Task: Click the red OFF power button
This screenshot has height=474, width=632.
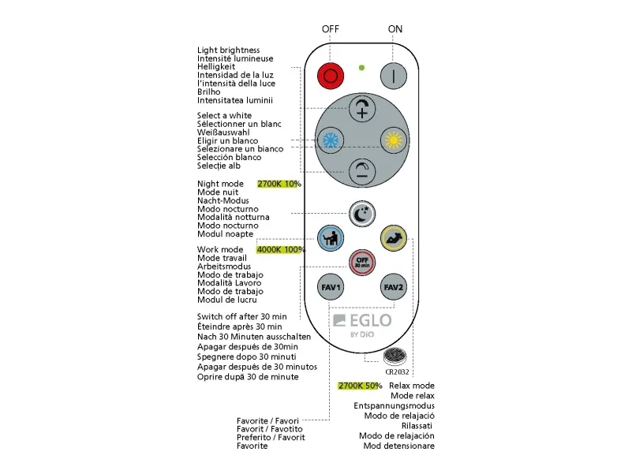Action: tap(331, 76)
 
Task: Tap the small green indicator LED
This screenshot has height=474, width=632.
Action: tap(361, 67)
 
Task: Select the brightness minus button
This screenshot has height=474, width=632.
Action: tap(362, 171)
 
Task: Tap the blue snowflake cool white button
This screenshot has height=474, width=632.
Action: tap(330, 140)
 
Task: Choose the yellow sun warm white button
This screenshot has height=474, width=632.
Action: tap(393, 140)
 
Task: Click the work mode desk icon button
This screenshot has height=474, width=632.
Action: tap(330, 237)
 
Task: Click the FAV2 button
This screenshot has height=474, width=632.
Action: tap(393, 286)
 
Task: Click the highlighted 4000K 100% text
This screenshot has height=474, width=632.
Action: tap(281, 250)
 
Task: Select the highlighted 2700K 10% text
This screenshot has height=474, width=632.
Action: tap(279, 184)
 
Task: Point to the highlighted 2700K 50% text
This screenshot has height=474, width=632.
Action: tap(360, 386)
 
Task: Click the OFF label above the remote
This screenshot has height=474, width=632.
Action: tap(330, 29)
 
